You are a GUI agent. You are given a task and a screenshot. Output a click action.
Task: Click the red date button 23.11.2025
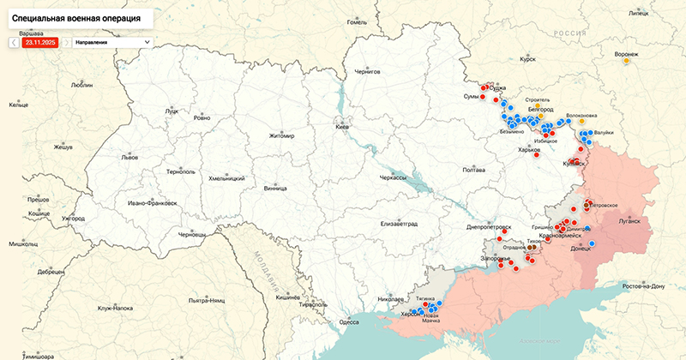[x=40, y=41]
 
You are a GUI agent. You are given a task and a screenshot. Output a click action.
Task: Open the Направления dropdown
[x=112, y=41]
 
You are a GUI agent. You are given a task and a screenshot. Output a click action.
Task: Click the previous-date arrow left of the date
[x=14, y=41]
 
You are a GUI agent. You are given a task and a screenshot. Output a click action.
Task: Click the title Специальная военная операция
[x=77, y=17]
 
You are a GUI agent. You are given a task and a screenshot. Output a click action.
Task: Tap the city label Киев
[x=342, y=127]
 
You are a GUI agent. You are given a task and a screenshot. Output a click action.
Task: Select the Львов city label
[x=129, y=158]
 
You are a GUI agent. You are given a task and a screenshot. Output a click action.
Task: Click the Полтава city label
[x=474, y=170]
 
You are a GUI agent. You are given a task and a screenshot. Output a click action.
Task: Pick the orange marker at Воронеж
[x=627, y=61]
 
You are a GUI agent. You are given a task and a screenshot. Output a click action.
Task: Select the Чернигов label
[x=366, y=72]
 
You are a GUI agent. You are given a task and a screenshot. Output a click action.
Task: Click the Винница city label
[x=276, y=188]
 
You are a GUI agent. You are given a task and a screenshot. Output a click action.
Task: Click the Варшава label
[x=31, y=33]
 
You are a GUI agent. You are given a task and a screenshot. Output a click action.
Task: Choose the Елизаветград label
[x=399, y=223]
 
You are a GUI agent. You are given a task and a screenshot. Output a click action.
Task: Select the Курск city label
[x=527, y=60]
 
